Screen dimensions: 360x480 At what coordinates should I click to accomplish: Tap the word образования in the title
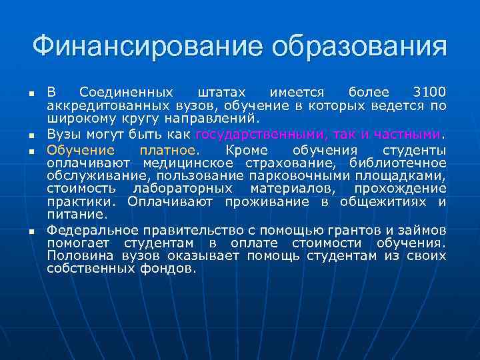coord(359,47)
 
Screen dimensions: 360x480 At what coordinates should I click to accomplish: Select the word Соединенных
coord(126,91)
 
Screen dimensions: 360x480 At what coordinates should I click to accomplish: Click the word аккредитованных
coord(99,105)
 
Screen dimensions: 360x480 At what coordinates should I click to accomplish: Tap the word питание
coord(76,215)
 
